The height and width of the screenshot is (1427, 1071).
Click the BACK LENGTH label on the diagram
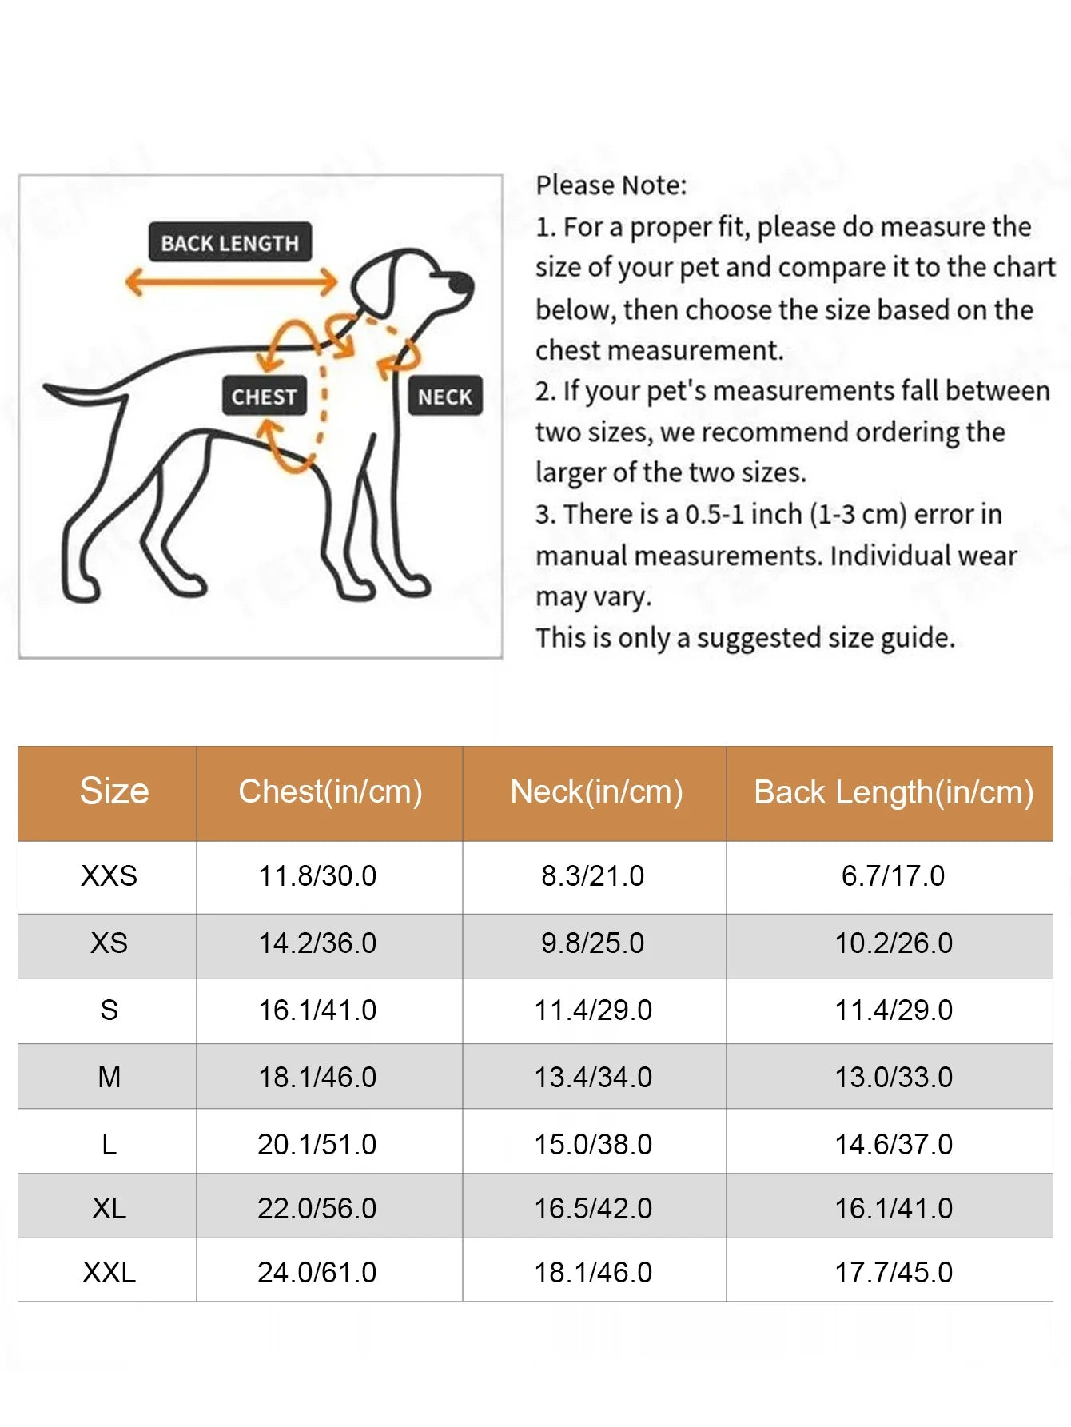(x=229, y=242)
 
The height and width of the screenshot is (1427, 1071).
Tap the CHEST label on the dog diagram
(x=264, y=397)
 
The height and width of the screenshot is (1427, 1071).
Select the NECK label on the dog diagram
(x=445, y=397)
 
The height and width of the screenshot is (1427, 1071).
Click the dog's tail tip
(x=50, y=389)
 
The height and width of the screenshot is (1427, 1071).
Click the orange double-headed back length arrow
(x=231, y=281)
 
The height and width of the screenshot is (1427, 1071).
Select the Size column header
(x=114, y=791)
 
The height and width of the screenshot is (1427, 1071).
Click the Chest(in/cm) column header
(x=330, y=791)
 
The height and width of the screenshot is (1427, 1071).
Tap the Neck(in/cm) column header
(x=596, y=791)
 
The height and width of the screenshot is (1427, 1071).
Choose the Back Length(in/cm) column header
(x=893, y=792)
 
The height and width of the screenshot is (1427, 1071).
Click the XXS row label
(x=109, y=876)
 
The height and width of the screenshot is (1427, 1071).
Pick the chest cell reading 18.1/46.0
(x=317, y=1078)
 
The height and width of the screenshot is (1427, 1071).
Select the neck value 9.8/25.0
(x=592, y=943)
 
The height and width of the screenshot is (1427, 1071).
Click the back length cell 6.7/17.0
(x=893, y=876)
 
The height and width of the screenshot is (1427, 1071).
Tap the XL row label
(x=109, y=1209)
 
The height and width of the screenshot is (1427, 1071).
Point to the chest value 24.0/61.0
(x=317, y=1273)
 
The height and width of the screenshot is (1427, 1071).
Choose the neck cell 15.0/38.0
(x=593, y=1145)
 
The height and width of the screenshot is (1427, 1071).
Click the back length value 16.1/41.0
(x=894, y=1209)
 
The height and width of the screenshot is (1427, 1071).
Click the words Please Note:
(x=611, y=185)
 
